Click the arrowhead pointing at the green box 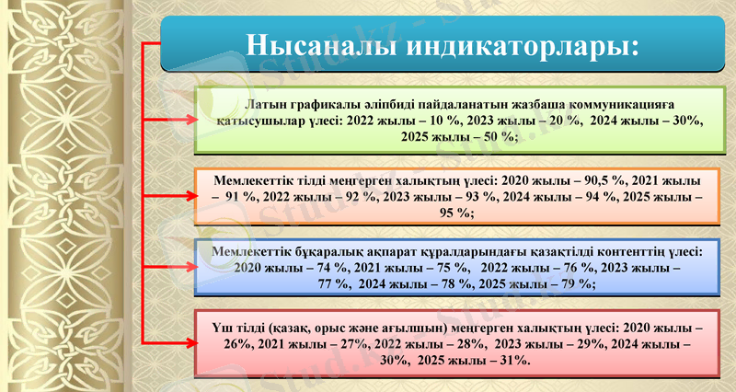click(190, 119)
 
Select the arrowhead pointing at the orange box click(190, 195)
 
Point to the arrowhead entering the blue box click(190, 267)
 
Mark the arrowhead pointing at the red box click(190, 343)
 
